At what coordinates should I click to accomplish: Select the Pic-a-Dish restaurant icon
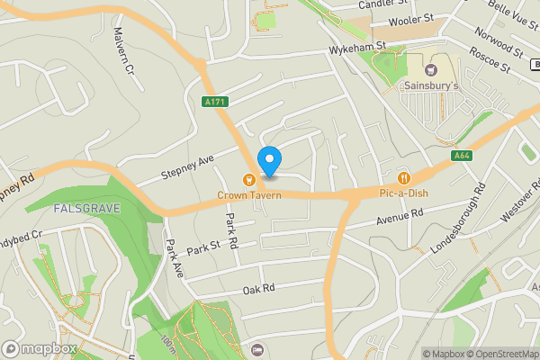pyautogui.click(x=403, y=177)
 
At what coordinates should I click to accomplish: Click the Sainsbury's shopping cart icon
pyautogui.click(x=430, y=69)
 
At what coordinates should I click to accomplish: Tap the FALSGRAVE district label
pyautogui.click(x=83, y=208)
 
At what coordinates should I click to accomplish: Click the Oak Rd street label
pyautogui.click(x=257, y=289)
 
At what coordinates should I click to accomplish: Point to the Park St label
pyautogui.click(x=203, y=247)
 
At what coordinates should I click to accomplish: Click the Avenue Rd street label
pyautogui.click(x=400, y=217)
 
